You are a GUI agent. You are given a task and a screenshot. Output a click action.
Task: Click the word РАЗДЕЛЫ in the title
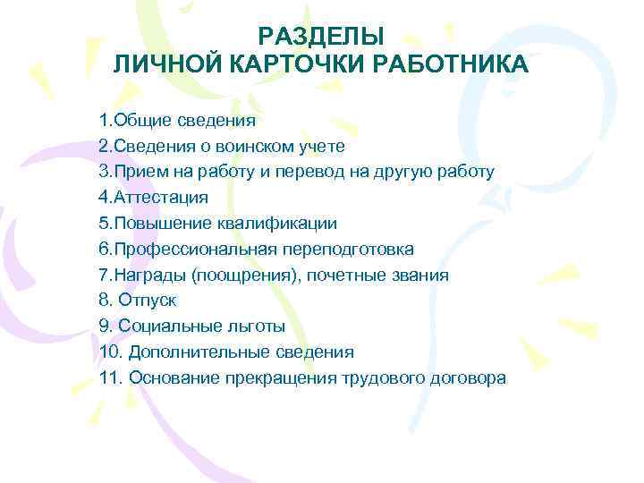click(x=321, y=37)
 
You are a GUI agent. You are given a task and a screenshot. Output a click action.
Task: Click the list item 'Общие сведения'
click(x=184, y=120)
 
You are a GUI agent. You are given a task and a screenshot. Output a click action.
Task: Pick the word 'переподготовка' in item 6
click(x=353, y=250)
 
